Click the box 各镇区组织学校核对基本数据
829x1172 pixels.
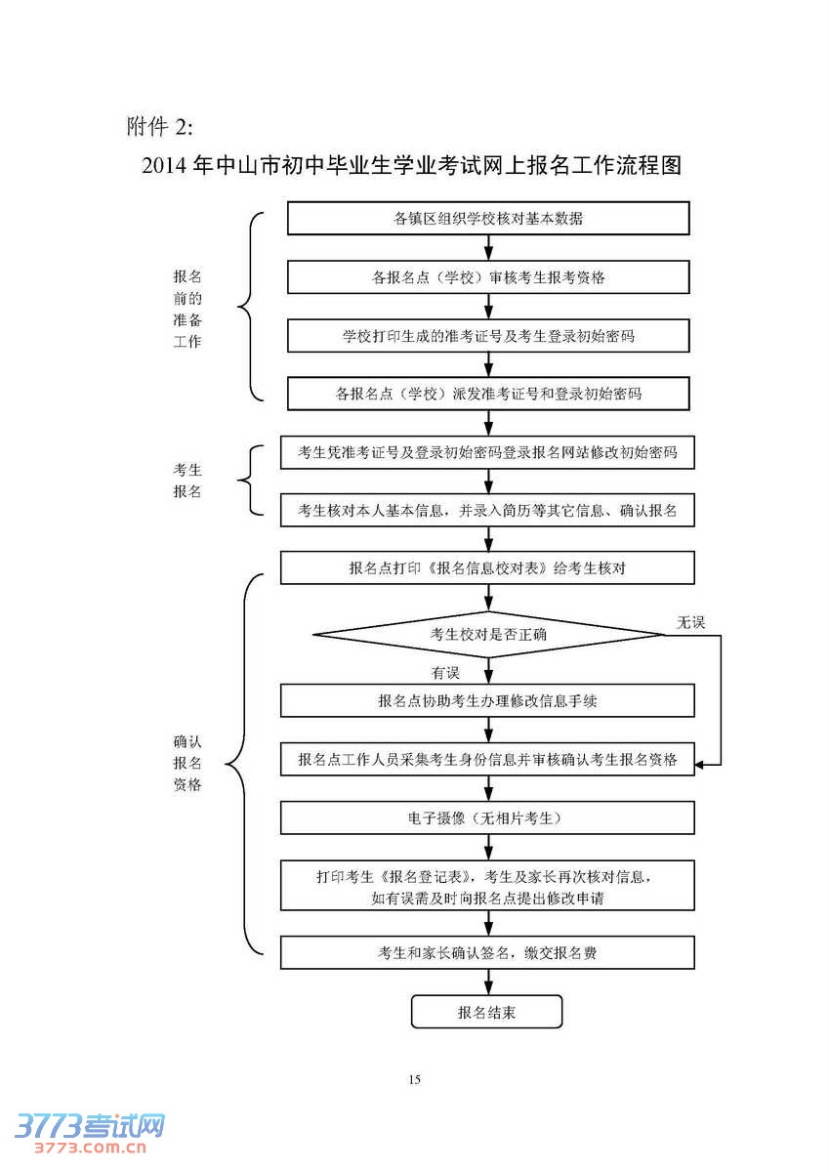coord(488,218)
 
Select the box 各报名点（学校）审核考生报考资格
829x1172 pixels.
coord(488,276)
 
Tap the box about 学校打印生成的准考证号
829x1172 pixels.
coord(488,335)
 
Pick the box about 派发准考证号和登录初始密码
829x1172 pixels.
coord(488,394)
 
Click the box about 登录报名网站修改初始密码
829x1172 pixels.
coord(488,452)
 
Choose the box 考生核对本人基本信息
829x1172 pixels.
coord(488,510)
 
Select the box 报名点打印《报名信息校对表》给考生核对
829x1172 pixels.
coord(488,568)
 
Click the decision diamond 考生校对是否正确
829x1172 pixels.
coord(488,635)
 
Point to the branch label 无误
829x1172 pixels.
coord(690,622)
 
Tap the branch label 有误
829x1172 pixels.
coord(445,673)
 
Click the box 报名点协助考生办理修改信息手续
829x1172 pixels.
coord(488,700)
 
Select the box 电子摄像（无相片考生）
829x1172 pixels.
coord(488,816)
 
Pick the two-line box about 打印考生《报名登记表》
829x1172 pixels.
coord(488,886)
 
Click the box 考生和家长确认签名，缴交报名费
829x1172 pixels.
coord(488,952)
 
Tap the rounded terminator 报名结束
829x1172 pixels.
coord(487,1012)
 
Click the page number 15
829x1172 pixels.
coord(414,1079)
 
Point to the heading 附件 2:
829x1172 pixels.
coord(160,126)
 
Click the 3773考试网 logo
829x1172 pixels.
coord(89,1133)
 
